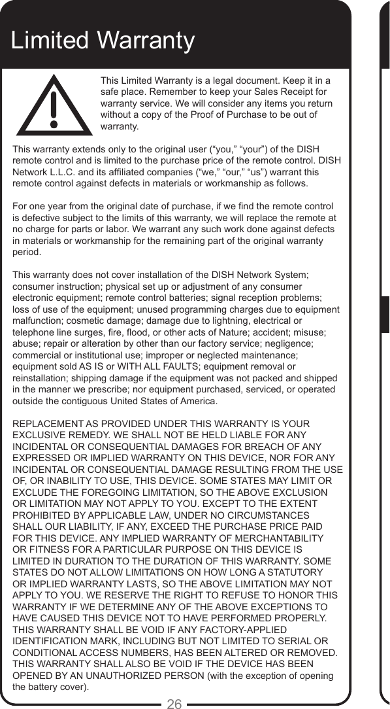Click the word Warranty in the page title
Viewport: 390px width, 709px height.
[146, 41]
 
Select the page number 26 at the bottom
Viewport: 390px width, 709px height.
[174, 703]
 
